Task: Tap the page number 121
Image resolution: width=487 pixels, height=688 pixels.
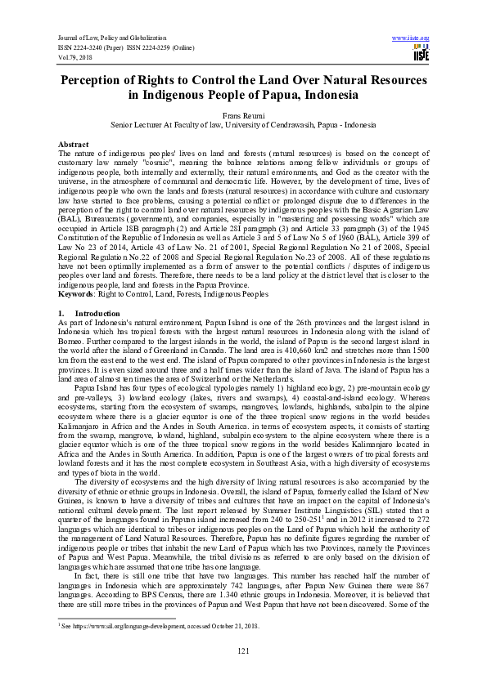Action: pos(243,650)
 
